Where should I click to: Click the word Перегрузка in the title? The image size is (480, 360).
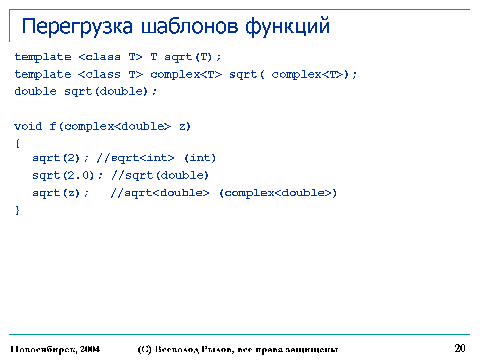[78, 27]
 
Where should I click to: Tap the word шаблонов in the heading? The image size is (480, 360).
[189, 26]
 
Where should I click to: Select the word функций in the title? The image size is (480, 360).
[288, 27]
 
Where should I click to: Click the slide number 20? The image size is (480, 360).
[460, 348]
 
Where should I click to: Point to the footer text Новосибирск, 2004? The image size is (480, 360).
[55, 349]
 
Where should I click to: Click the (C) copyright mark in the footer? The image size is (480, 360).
[145, 349]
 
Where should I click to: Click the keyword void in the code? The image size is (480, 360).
[28, 126]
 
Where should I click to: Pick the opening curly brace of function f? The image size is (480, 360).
[18, 143]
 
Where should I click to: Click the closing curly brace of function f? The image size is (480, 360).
[18, 210]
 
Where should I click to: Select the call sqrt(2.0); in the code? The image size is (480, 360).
[67, 175]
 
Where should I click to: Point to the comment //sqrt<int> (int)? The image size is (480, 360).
[156, 158]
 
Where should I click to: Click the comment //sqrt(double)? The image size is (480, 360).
[160, 175]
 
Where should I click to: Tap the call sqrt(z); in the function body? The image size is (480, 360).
[60, 193]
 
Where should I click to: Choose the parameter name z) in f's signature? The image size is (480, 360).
[185, 126]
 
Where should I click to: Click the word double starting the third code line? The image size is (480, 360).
[35, 91]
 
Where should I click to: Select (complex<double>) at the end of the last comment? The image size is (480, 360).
[278, 193]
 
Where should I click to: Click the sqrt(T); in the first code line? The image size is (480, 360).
[193, 57]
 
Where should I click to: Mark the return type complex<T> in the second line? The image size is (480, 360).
[186, 74]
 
